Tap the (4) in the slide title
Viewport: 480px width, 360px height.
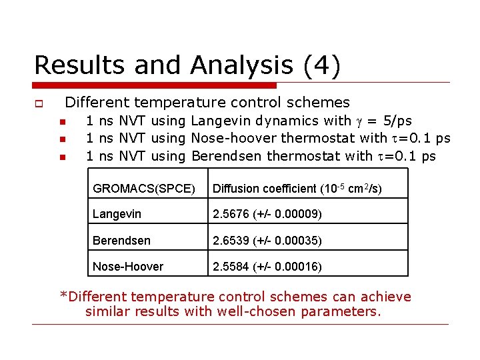[321, 65]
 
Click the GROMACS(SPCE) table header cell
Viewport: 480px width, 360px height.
[144, 189]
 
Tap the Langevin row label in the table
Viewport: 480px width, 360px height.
[117, 214]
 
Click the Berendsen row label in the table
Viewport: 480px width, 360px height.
[121, 240]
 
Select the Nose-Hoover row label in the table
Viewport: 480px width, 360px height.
[128, 267]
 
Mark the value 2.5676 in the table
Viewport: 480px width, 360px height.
[231, 214]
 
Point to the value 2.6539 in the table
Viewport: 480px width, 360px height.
[231, 240]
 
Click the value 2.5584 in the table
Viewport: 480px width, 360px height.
[231, 267]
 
